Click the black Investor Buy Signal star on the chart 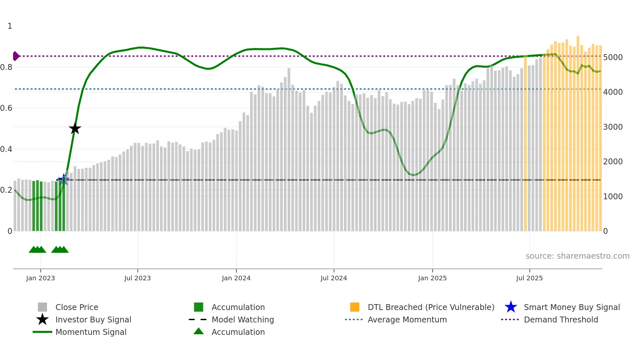(x=75, y=128)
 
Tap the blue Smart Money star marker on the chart (x=63, y=179)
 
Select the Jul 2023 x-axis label (x=137, y=278)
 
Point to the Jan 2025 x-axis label (x=432, y=278)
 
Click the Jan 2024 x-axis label (x=236, y=278)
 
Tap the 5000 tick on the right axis (x=613, y=57)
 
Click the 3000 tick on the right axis (x=613, y=127)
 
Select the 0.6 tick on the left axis (x=6, y=108)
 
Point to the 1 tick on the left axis (x=10, y=26)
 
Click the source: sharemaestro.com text (x=577, y=256)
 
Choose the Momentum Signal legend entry (x=91, y=332)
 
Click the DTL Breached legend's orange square (x=355, y=307)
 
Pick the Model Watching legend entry (x=242, y=319)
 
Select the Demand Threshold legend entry (x=561, y=319)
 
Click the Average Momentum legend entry (x=407, y=319)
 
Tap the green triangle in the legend (x=199, y=331)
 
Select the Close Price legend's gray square (x=42, y=307)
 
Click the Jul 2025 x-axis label (x=529, y=278)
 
